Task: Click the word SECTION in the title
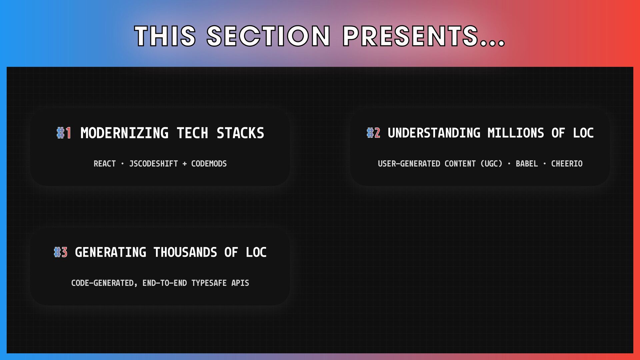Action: coord(268,36)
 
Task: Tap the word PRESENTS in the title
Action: coord(411,36)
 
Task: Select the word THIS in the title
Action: coord(165,36)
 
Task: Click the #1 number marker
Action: coord(64,133)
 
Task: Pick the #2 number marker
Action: coord(373,133)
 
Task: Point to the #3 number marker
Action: coord(61,252)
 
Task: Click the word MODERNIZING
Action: coord(124,133)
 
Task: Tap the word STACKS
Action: coord(240,133)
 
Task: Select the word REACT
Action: coord(105,164)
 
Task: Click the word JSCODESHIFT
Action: coord(154,164)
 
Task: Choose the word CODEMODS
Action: coord(209,164)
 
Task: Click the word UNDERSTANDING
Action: coord(434,133)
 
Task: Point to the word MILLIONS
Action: coord(516,133)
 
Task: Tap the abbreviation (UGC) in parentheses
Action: coord(491,164)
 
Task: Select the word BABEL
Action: coord(527,164)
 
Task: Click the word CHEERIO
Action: coord(567,164)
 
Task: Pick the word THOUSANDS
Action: coord(185,252)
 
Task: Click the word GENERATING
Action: coord(110,252)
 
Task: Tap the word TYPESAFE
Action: coord(209,283)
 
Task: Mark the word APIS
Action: coord(240,283)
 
